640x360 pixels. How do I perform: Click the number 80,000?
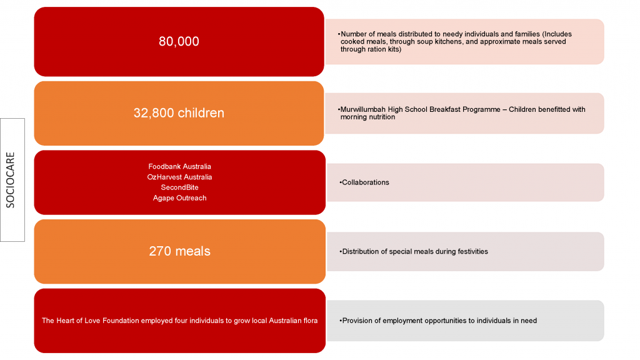pyautogui.click(x=179, y=41)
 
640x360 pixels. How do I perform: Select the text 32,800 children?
pyautogui.click(x=179, y=112)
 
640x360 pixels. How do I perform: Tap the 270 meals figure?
pyautogui.click(x=179, y=251)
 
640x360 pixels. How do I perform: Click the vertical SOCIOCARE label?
pyautogui.click(x=10, y=180)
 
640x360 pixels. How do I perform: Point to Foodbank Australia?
pyautogui.click(x=179, y=166)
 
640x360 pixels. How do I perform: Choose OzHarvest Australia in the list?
pyautogui.click(x=179, y=177)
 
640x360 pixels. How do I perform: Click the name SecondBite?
pyautogui.click(x=179, y=187)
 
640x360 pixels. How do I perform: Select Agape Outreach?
pyautogui.click(x=179, y=198)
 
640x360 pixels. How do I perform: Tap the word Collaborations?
pyautogui.click(x=365, y=182)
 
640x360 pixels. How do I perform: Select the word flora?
pyautogui.click(x=310, y=321)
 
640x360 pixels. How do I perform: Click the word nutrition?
pyautogui.click(x=381, y=117)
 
